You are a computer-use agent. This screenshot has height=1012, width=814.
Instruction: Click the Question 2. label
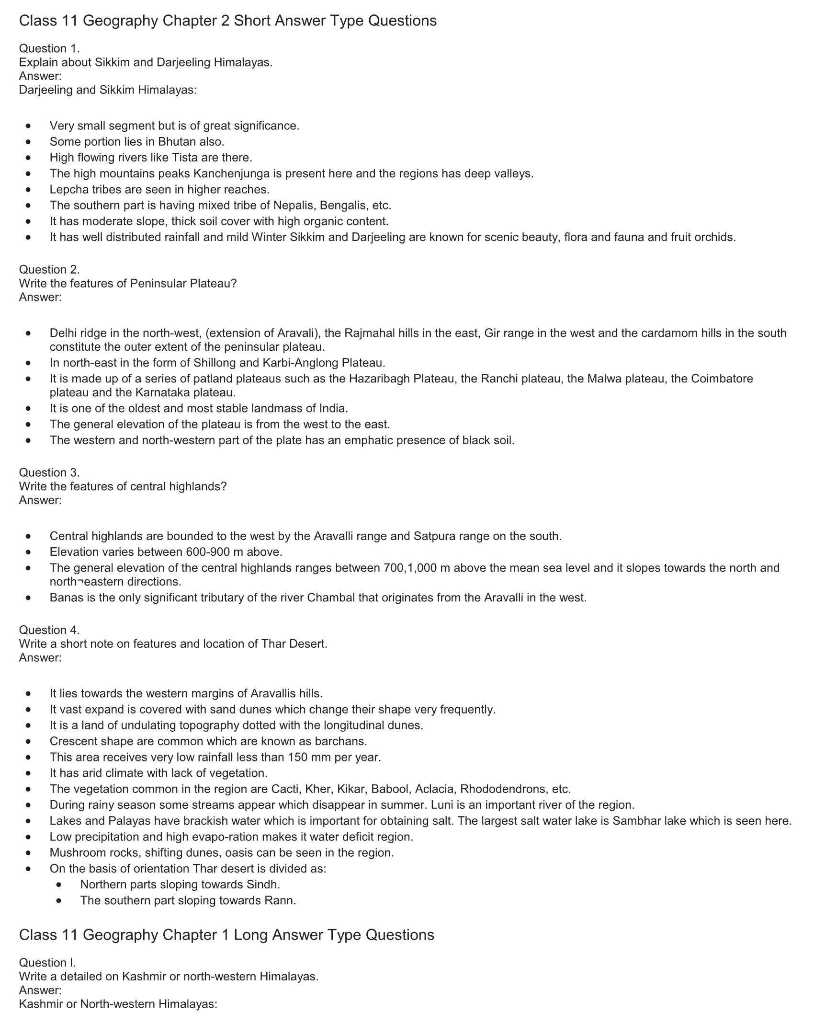click(49, 269)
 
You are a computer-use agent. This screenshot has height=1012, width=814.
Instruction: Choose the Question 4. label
click(49, 630)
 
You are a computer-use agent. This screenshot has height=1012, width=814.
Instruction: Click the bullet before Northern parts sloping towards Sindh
click(59, 885)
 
